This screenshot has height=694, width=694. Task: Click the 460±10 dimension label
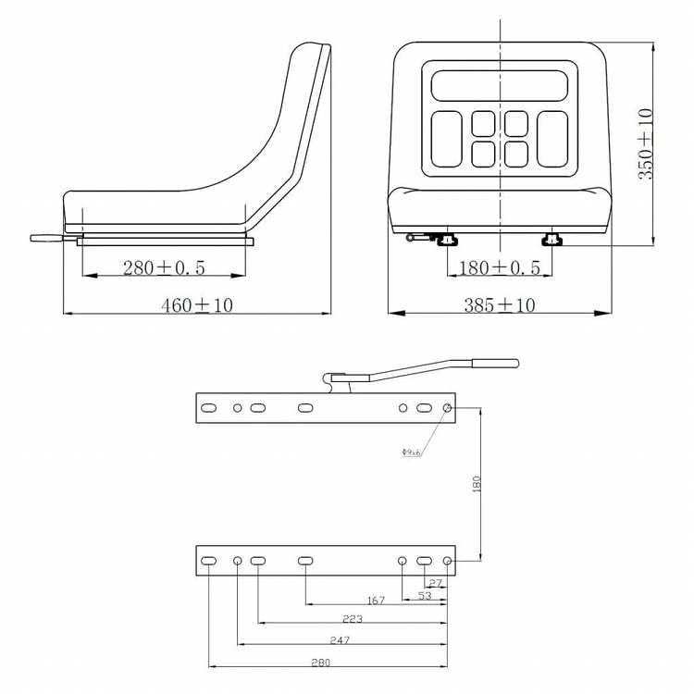(197, 304)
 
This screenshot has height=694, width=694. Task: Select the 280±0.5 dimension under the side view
(164, 268)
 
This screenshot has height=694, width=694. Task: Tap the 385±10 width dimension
(499, 304)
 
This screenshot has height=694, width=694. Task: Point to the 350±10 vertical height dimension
(646, 143)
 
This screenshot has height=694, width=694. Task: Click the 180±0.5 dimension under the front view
(500, 268)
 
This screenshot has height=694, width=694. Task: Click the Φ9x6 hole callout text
(411, 452)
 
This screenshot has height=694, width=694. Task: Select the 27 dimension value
(436, 583)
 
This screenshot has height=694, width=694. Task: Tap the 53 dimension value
(424, 597)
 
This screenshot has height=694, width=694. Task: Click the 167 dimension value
(376, 601)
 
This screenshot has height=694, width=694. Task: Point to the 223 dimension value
(352, 618)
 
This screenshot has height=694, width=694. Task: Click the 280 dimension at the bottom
(320, 662)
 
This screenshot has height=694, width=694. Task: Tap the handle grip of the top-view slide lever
(496, 363)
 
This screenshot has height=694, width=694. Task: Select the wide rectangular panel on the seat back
(499, 85)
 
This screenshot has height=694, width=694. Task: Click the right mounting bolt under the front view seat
(551, 241)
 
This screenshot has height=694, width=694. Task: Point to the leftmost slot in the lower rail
(210, 561)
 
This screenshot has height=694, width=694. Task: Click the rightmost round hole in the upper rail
(448, 407)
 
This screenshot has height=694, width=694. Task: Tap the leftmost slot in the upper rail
(210, 407)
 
